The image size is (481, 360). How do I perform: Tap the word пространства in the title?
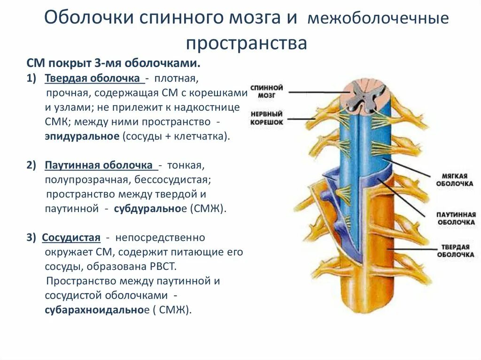coord(246,44)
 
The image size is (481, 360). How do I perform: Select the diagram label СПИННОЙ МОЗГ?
coord(267,91)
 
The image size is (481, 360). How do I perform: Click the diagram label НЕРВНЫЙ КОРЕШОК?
coord(267,118)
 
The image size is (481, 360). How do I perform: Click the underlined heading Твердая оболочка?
coord(93,77)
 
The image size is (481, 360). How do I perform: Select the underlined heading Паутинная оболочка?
coord(99,166)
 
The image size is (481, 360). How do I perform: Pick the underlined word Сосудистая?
coord(71,237)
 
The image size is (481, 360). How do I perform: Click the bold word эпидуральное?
coord(83,137)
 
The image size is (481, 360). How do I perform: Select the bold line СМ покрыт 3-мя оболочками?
coord(114,63)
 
